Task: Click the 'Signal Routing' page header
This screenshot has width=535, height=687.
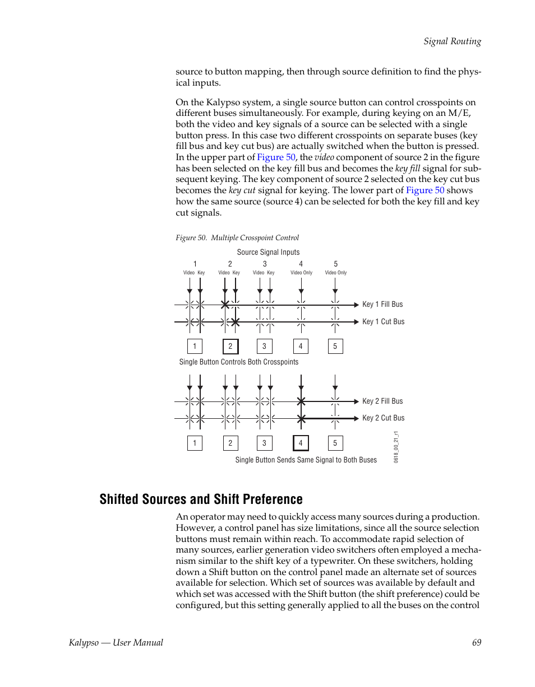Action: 452,41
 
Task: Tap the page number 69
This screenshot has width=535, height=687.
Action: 476,643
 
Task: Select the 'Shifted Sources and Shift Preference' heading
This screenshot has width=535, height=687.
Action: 201,499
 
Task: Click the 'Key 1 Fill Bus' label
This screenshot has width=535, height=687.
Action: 382,305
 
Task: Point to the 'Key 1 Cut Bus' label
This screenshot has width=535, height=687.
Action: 383,322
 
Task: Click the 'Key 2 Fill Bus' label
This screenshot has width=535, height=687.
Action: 382,401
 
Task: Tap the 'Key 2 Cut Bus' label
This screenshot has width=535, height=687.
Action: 383,418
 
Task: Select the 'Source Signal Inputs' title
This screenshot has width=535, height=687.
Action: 268,253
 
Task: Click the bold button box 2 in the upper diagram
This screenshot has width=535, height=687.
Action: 230,347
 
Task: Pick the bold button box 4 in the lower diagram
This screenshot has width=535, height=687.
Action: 301,443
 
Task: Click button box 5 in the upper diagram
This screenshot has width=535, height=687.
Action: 335,347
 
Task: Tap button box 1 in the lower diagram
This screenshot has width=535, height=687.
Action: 195,443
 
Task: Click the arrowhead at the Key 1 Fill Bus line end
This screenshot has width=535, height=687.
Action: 356,305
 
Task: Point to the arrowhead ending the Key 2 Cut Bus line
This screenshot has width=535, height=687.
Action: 356,418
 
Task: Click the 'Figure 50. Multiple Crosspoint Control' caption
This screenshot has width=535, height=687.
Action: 237,238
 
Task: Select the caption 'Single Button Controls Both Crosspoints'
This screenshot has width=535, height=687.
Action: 239,362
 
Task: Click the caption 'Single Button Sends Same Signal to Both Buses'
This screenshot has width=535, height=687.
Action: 306,460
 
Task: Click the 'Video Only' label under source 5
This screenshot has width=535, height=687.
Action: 336,273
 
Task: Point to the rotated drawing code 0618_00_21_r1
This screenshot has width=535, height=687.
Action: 396,446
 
